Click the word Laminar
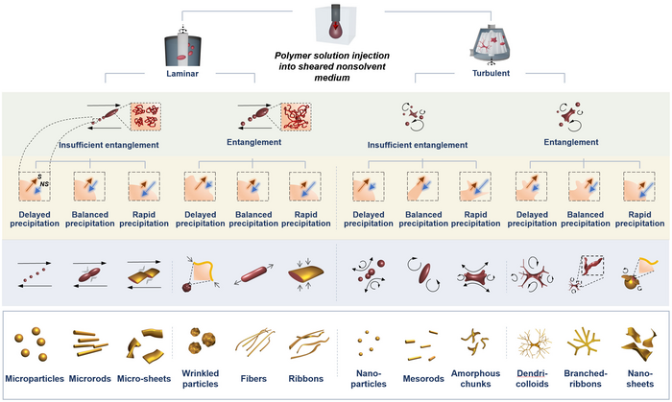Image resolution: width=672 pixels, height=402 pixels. pos(182,72)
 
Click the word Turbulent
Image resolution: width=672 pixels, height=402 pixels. pos(490,72)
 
